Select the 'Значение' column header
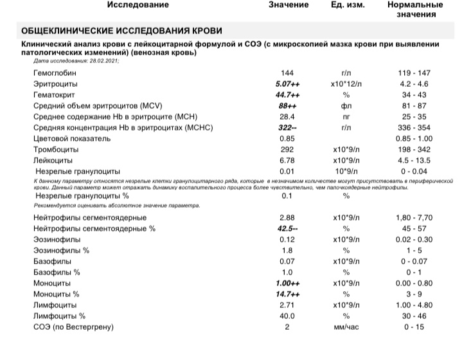[x=288, y=5]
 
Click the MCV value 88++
[x=287, y=105]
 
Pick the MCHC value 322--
[x=287, y=127]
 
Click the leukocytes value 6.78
[x=287, y=160]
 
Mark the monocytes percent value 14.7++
[x=287, y=293]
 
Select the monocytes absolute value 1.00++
[x=287, y=282]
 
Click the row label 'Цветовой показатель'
[x=73, y=138]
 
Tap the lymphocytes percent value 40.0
[x=287, y=316]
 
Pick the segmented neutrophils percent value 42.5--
[x=287, y=228]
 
